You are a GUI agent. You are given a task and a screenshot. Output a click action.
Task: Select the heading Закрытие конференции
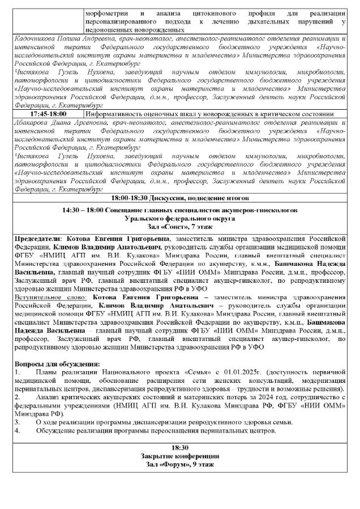click(179, 456)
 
